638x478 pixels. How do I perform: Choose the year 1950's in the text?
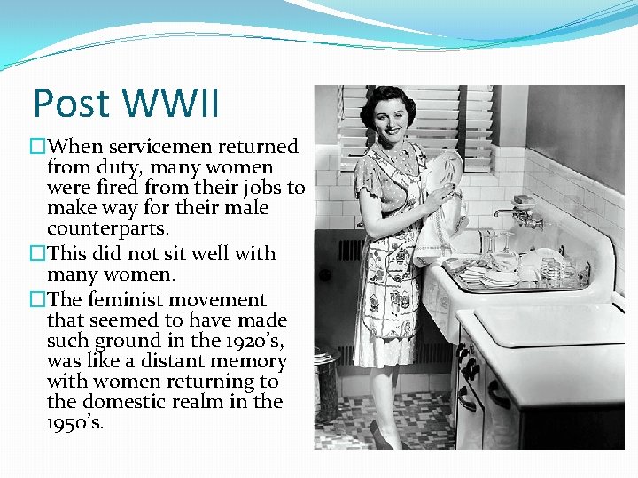(x=75, y=422)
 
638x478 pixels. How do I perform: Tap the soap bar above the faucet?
(x=523, y=200)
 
